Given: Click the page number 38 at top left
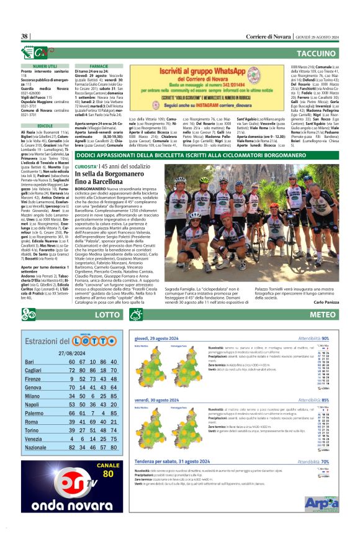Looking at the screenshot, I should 25,36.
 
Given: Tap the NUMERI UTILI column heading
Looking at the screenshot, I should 47,65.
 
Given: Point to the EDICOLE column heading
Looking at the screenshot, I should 47,125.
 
